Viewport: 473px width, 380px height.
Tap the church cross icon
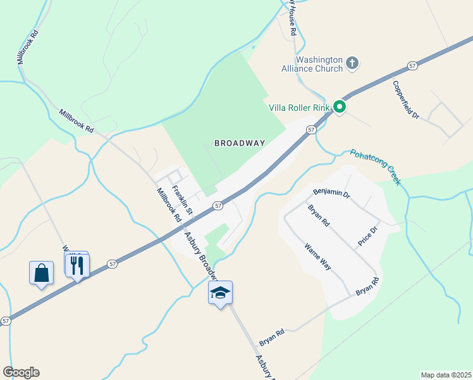coord(352,63)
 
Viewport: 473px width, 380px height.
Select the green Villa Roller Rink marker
coord(340,107)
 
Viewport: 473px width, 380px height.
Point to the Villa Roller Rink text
coord(300,108)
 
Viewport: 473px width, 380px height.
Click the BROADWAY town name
coord(239,143)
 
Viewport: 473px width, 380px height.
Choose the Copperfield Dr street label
coord(405,99)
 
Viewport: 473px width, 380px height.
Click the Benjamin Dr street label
coord(331,193)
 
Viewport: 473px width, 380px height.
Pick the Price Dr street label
coord(367,236)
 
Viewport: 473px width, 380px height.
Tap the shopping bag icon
coord(41,274)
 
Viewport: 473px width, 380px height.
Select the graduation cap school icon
coord(220,293)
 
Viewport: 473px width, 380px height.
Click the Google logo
coord(21,372)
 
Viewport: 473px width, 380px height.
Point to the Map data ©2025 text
coord(446,375)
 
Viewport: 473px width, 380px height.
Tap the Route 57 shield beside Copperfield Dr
coord(412,65)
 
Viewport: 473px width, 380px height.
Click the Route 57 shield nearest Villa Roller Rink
coord(310,129)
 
